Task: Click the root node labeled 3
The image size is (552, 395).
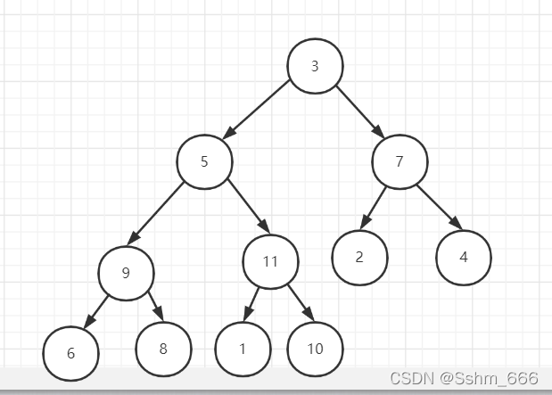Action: (x=315, y=66)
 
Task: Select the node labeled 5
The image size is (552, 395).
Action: (x=204, y=161)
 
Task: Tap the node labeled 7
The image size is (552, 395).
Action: (x=400, y=161)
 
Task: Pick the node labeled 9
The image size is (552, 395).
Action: (x=126, y=273)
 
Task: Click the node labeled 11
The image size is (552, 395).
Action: (x=270, y=261)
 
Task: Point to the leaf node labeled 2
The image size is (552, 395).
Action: (x=359, y=258)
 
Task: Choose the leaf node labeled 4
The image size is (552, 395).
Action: (x=464, y=258)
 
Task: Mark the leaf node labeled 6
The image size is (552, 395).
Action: (x=70, y=353)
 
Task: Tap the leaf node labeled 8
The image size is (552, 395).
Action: (x=163, y=349)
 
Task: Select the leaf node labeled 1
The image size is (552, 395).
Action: (x=243, y=349)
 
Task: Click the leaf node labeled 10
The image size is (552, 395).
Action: (x=315, y=349)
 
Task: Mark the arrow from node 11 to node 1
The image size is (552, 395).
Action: (x=252, y=303)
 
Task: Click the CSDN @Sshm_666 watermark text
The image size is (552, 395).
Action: (x=464, y=378)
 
